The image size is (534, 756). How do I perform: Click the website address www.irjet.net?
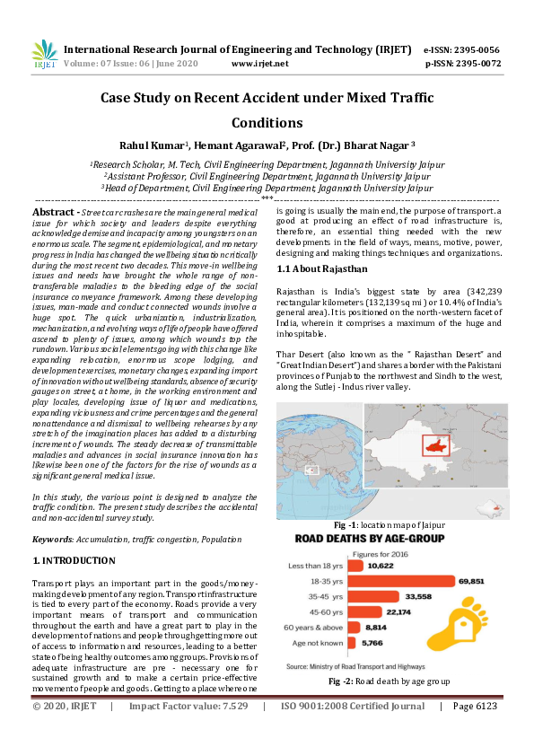click(x=259, y=64)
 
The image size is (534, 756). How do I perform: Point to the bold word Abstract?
click(x=53, y=210)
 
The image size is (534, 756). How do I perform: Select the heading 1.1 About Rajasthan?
click(x=323, y=268)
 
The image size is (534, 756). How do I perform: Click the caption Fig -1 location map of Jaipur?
click(x=388, y=524)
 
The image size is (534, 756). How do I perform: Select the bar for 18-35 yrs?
click(x=394, y=580)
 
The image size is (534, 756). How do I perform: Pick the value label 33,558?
click(x=417, y=596)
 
